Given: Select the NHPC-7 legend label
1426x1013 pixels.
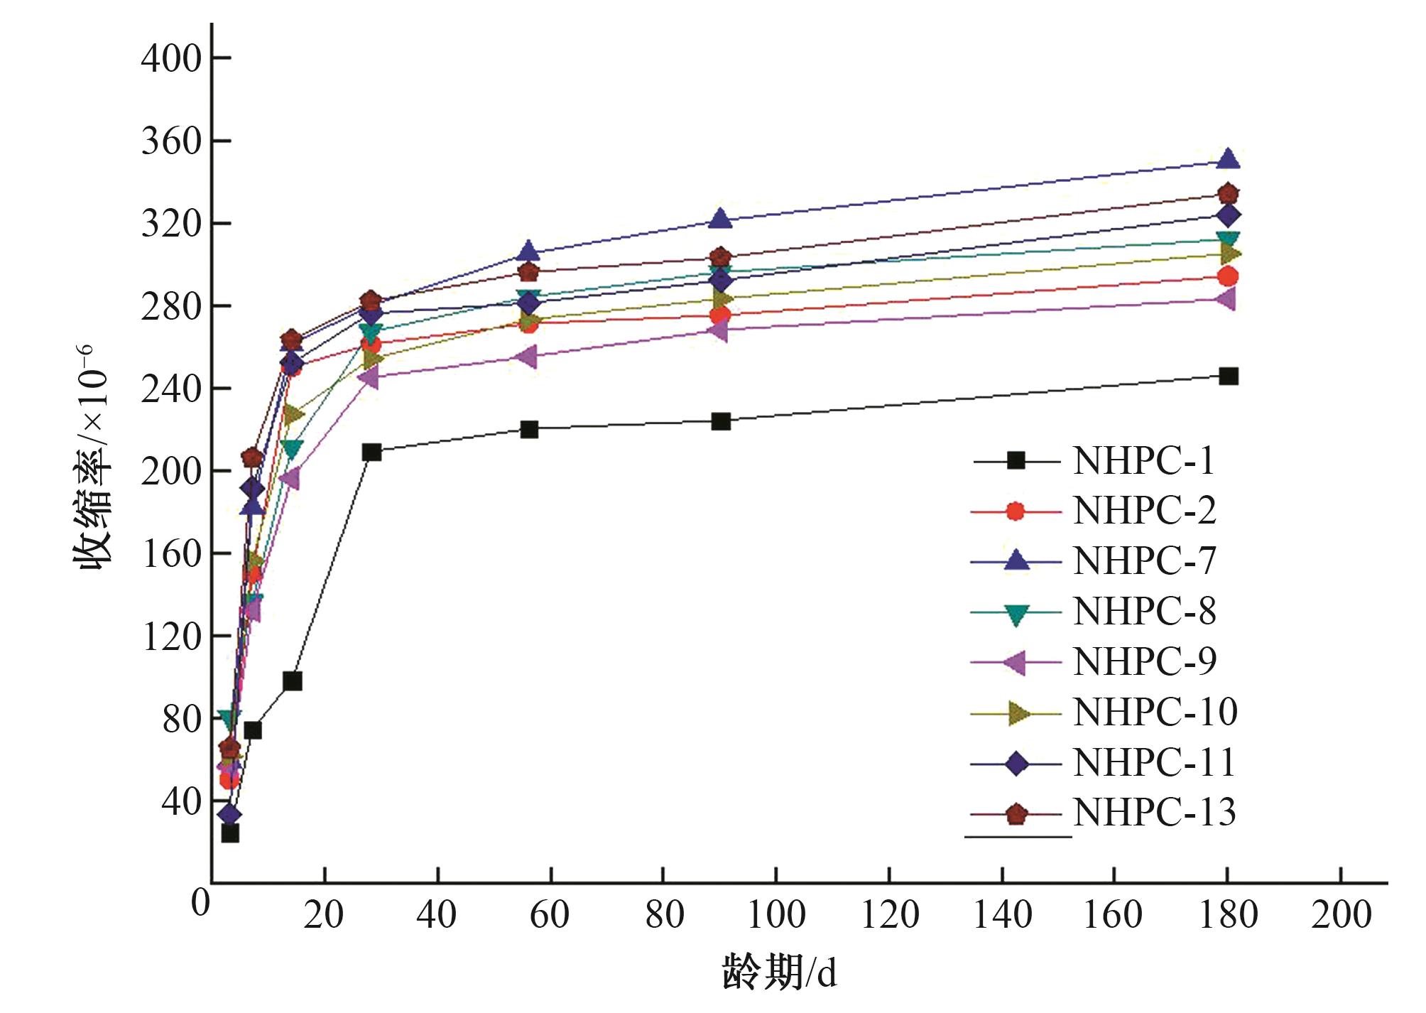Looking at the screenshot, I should coord(1143,561).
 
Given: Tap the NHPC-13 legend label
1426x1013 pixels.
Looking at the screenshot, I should coord(1154,813).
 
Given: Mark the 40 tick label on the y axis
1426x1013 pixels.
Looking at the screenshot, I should coord(182,801).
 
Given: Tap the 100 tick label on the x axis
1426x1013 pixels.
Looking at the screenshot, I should coord(776,915).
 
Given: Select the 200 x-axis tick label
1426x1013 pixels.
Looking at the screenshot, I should coord(1341,915).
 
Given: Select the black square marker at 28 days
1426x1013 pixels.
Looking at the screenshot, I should coord(371,452).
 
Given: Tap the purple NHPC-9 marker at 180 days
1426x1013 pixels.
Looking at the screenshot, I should coord(1227,299).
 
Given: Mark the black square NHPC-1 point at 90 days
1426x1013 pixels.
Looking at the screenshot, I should coord(721,421).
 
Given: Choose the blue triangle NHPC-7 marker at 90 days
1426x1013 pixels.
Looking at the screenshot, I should coord(721,219).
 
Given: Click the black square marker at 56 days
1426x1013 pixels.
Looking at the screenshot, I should coord(529,429).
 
